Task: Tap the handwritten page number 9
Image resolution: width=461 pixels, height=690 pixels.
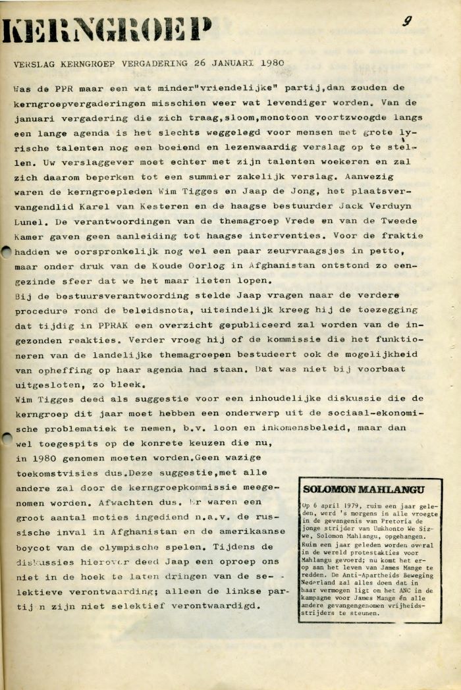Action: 408,22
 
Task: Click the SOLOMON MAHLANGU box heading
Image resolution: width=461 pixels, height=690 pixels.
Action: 364,489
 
